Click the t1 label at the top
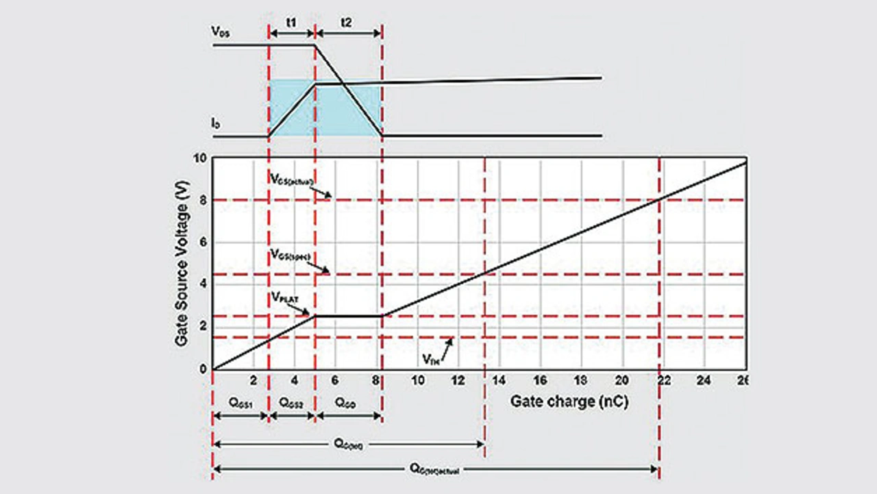pyautogui.click(x=291, y=21)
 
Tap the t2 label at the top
pyautogui.click(x=347, y=21)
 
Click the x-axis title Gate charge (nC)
pyautogui.click(x=569, y=402)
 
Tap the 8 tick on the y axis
pyautogui.click(x=201, y=200)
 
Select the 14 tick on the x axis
pyautogui.click(x=499, y=381)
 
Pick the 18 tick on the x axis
pyautogui.click(x=581, y=381)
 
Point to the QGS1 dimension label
pyautogui.click(x=240, y=403)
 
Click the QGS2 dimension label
pyautogui.click(x=291, y=403)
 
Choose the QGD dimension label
pyautogui.click(x=347, y=403)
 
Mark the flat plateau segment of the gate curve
pyautogui.click(x=348, y=316)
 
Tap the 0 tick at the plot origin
pyautogui.click(x=201, y=370)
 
